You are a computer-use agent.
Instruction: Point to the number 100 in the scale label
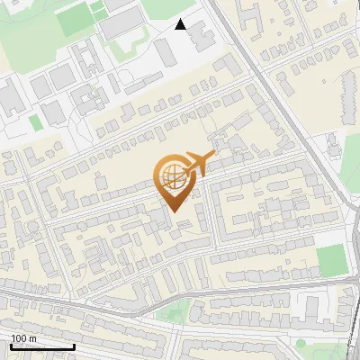pyautogui.click(x=19, y=338)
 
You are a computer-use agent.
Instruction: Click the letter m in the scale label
pyautogui.click(x=32, y=338)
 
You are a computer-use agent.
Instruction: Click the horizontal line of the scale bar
pyautogui.click(x=41, y=346)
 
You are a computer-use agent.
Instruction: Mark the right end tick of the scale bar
pyautogui.click(x=74, y=345)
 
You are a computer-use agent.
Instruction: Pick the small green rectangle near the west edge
pyautogui.click(x=35, y=121)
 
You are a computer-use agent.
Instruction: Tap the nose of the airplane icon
pyautogui.click(x=214, y=156)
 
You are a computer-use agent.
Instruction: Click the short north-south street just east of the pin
pyautogui.click(x=213, y=216)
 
